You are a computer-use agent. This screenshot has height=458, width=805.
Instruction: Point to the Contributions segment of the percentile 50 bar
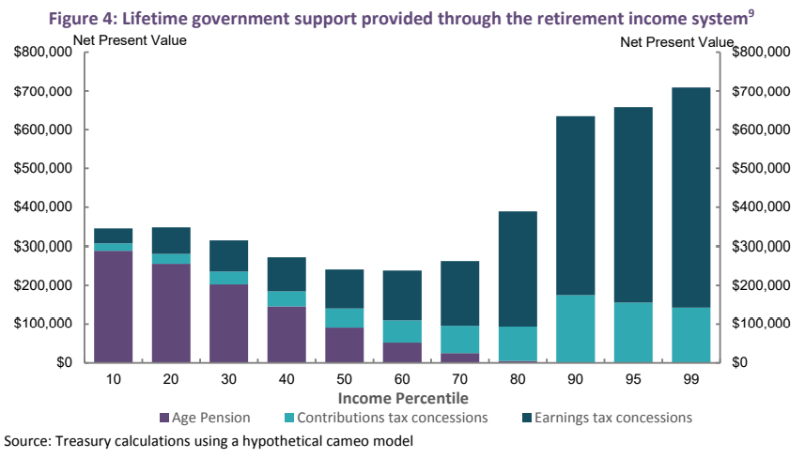tap(345, 317)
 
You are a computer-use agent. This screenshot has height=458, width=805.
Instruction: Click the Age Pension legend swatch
tap(165, 418)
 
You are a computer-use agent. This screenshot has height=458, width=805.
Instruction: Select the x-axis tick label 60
tap(402, 378)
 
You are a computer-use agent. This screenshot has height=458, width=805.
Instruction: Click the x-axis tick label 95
tap(633, 378)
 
